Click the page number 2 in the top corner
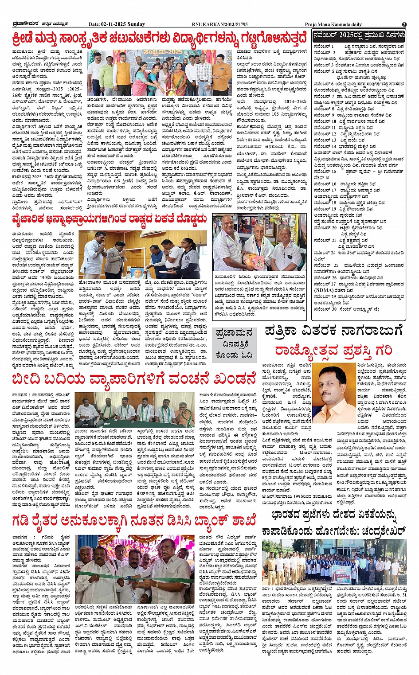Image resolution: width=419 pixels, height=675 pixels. (x=404, y=24)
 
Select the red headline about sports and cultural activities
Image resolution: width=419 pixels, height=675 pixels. (x=160, y=38)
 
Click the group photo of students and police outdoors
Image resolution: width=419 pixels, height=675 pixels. (x=334, y=562)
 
